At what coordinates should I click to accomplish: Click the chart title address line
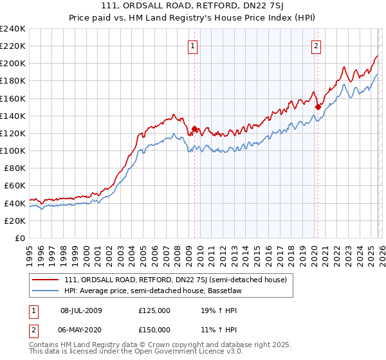coord(193,6)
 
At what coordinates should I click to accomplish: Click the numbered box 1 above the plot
coord(193,46)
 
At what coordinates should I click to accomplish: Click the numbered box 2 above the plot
coord(317,46)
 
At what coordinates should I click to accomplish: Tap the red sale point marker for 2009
coord(194,129)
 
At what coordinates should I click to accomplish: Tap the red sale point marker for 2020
coord(317,107)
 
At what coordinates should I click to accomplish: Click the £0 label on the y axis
coord(19,238)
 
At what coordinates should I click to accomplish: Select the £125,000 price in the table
coord(154,310)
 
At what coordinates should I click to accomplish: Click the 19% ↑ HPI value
coord(220,310)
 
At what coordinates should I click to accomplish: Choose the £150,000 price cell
coord(154,329)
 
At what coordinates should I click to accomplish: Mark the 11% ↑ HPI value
coord(220,329)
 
